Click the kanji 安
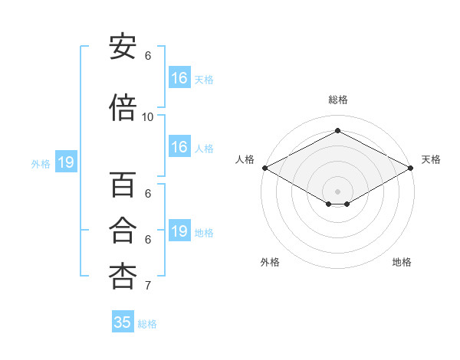(x=123, y=47)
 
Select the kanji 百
(x=123, y=186)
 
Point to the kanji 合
(x=123, y=231)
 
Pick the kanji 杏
(x=123, y=277)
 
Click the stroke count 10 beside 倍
(x=148, y=117)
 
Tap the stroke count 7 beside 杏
(x=148, y=286)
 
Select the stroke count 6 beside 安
(x=148, y=56)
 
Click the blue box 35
(x=123, y=322)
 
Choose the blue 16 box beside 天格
(x=179, y=78)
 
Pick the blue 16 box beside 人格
(x=179, y=148)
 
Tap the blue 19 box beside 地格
(x=179, y=231)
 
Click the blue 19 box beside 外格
(x=66, y=162)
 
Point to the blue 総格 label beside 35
(x=147, y=324)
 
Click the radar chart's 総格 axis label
(x=337, y=100)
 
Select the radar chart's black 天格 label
(x=431, y=159)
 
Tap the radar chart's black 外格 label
(x=270, y=262)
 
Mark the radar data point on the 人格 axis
(x=264, y=168)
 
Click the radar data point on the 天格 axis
(x=411, y=168)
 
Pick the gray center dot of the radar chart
(x=337, y=190)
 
